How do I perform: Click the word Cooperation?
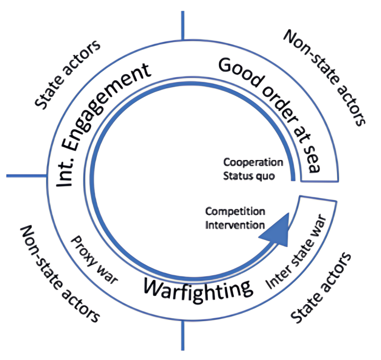253,162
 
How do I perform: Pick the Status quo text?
249,176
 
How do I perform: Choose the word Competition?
235,211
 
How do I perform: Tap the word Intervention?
235,225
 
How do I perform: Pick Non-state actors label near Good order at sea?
325,78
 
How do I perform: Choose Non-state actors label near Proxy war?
59,274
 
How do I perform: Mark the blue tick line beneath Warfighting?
182,335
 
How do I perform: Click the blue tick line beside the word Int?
27,176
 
